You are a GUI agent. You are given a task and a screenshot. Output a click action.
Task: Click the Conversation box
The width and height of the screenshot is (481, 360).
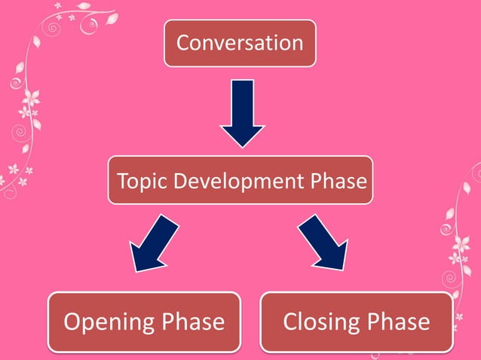(240, 43)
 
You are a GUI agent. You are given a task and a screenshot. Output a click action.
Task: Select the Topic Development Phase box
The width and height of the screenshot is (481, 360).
(240, 181)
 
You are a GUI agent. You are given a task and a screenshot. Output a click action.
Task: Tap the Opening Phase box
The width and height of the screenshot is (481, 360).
(144, 322)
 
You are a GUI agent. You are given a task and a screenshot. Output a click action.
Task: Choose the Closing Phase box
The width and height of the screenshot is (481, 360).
(356, 322)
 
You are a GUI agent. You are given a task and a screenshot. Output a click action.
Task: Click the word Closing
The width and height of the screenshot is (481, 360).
(320, 322)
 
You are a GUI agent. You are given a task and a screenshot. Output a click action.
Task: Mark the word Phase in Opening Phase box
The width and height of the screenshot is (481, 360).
(194, 322)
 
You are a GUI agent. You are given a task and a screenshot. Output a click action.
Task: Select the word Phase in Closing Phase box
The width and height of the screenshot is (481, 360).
(399, 322)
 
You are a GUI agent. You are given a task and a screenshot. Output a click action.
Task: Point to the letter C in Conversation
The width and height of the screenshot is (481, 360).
(183, 43)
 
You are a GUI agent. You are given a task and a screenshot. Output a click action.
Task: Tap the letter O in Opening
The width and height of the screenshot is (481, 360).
(72, 322)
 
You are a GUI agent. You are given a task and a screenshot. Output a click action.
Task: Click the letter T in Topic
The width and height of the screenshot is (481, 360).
(122, 182)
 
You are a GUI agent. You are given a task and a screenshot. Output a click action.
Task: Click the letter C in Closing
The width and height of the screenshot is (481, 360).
(291, 322)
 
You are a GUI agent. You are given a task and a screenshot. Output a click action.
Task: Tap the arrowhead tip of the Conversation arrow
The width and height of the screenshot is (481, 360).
(242, 145)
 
